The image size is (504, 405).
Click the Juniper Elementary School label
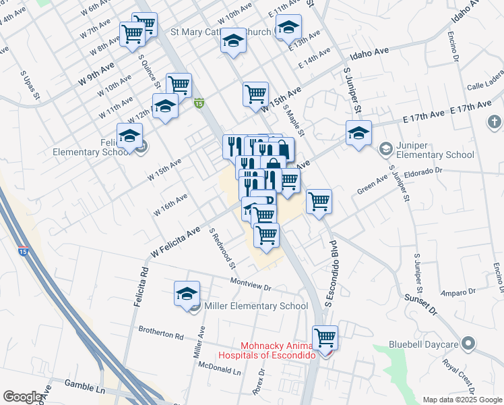tap(435, 155)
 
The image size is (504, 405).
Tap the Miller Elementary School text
tap(255, 306)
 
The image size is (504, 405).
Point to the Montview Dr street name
tap(250, 285)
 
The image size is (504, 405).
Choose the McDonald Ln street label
tap(219, 368)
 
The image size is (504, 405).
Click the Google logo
tap(24, 397)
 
